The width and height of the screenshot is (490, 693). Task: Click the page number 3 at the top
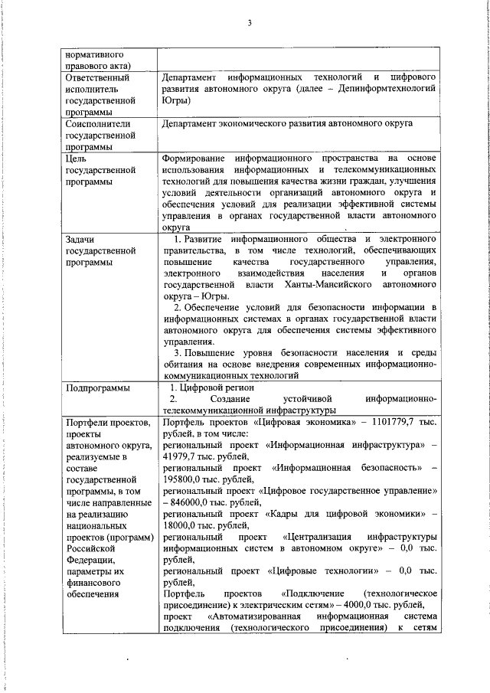[250, 22]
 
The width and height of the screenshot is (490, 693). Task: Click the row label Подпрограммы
[97, 388]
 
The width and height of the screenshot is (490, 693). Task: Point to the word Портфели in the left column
[89, 423]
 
